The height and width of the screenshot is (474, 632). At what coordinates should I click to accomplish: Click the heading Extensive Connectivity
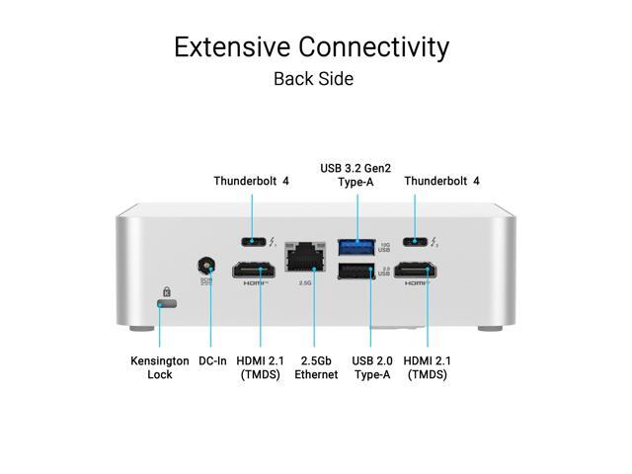tap(312, 46)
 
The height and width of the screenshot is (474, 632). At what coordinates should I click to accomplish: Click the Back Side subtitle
tap(313, 78)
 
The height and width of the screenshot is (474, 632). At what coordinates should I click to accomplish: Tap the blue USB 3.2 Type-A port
tap(355, 243)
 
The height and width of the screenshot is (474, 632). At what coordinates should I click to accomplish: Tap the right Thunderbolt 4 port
tap(417, 240)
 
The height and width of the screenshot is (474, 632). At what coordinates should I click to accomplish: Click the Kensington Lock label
tap(159, 367)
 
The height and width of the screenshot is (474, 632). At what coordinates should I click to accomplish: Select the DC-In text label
tap(212, 360)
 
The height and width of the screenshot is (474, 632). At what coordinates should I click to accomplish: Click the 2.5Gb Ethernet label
tap(315, 367)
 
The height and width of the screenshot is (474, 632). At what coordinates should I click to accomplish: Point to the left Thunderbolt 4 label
tap(251, 181)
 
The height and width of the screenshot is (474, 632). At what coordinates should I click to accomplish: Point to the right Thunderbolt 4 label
tap(441, 181)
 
